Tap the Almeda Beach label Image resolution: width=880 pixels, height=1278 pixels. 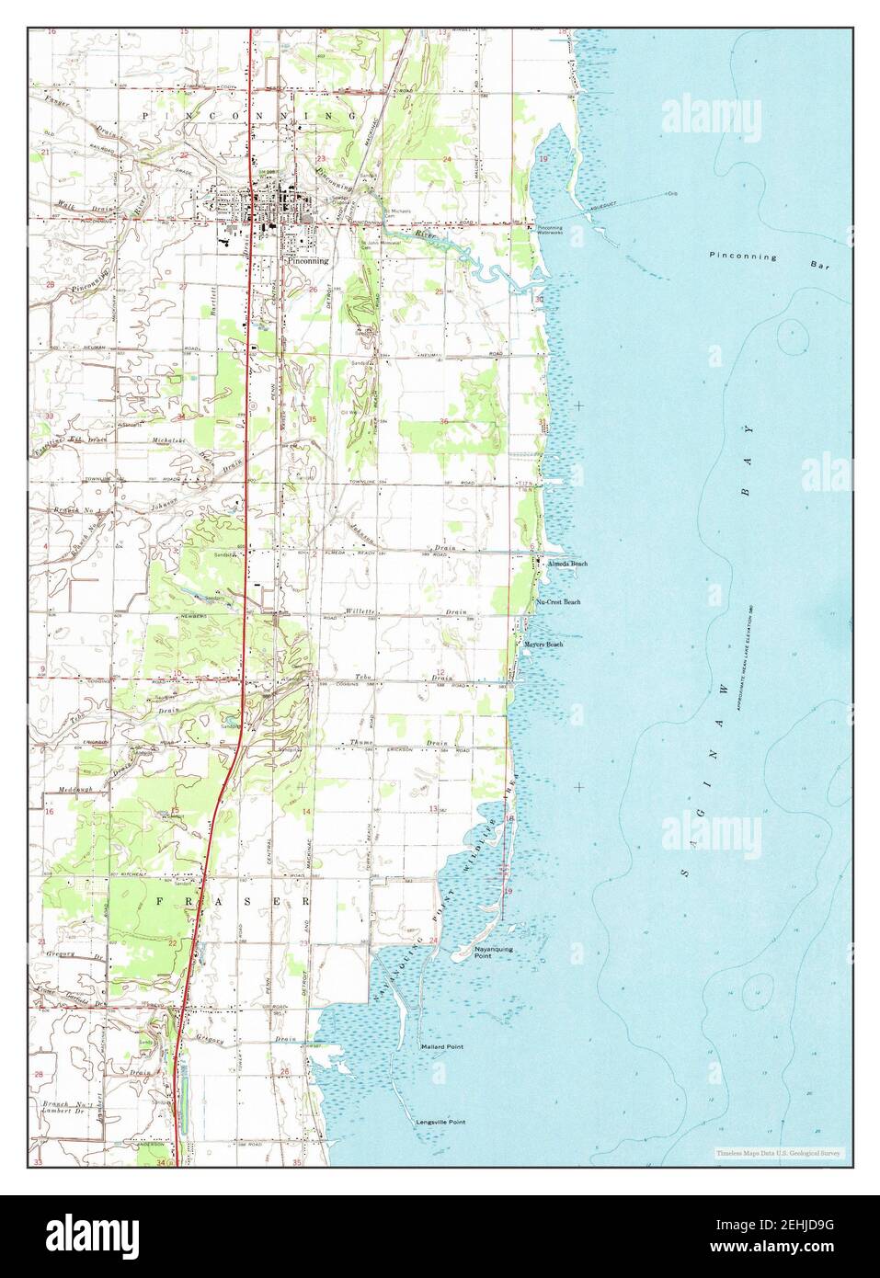566,563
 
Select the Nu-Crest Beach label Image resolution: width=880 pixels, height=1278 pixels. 558,601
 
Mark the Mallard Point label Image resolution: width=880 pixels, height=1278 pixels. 441,1047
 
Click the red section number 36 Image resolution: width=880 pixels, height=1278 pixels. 444,422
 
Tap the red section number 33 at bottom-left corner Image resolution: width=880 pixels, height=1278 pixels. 40,1164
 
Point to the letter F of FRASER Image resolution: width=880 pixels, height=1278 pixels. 160,902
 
